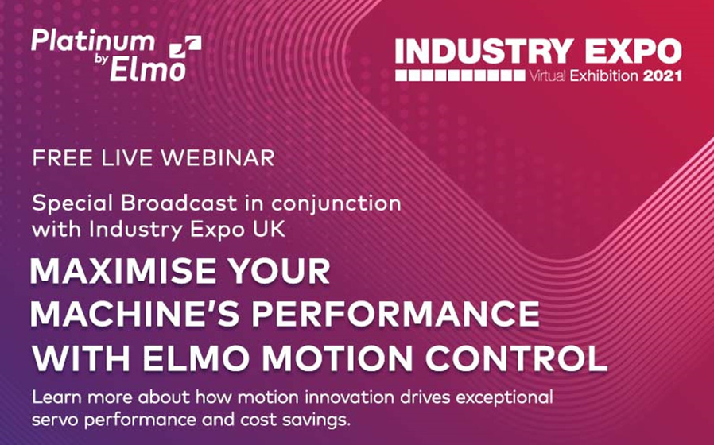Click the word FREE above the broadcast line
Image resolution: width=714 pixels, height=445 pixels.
tap(61, 157)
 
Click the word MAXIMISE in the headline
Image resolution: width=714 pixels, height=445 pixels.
tap(127, 273)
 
